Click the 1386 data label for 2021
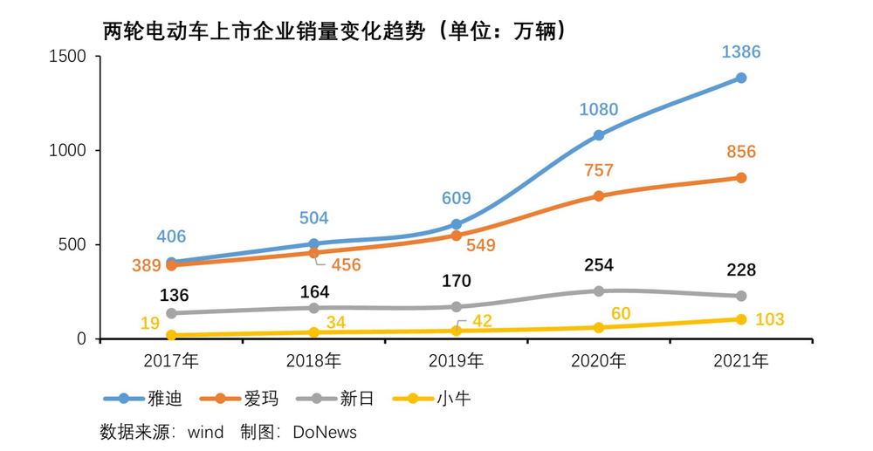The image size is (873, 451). pyautogui.click(x=741, y=52)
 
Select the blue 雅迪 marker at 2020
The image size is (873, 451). pyautogui.click(x=599, y=135)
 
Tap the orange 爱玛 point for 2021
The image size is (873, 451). pyautogui.click(x=741, y=178)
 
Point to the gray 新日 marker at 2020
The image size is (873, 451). pyautogui.click(x=599, y=290)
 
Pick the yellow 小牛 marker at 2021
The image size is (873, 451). pyautogui.click(x=741, y=319)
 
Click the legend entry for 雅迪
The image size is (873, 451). pyautogui.click(x=144, y=399)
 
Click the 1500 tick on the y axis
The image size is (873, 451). pyautogui.click(x=69, y=57)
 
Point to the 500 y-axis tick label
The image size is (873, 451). pyautogui.click(x=74, y=245)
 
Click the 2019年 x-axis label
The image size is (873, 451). pyautogui.click(x=457, y=360)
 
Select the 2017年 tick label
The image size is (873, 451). pyautogui.click(x=171, y=360)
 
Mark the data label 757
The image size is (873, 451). pyautogui.click(x=599, y=170)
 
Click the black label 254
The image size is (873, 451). pyautogui.click(x=599, y=265)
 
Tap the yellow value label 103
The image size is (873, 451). pyautogui.click(x=769, y=320)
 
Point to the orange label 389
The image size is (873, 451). pyautogui.click(x=147, y=265)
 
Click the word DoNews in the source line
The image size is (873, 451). pyautogui.click(x=325, y=431)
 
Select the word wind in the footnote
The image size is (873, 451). pyautogui.click(x=206, y=431)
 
